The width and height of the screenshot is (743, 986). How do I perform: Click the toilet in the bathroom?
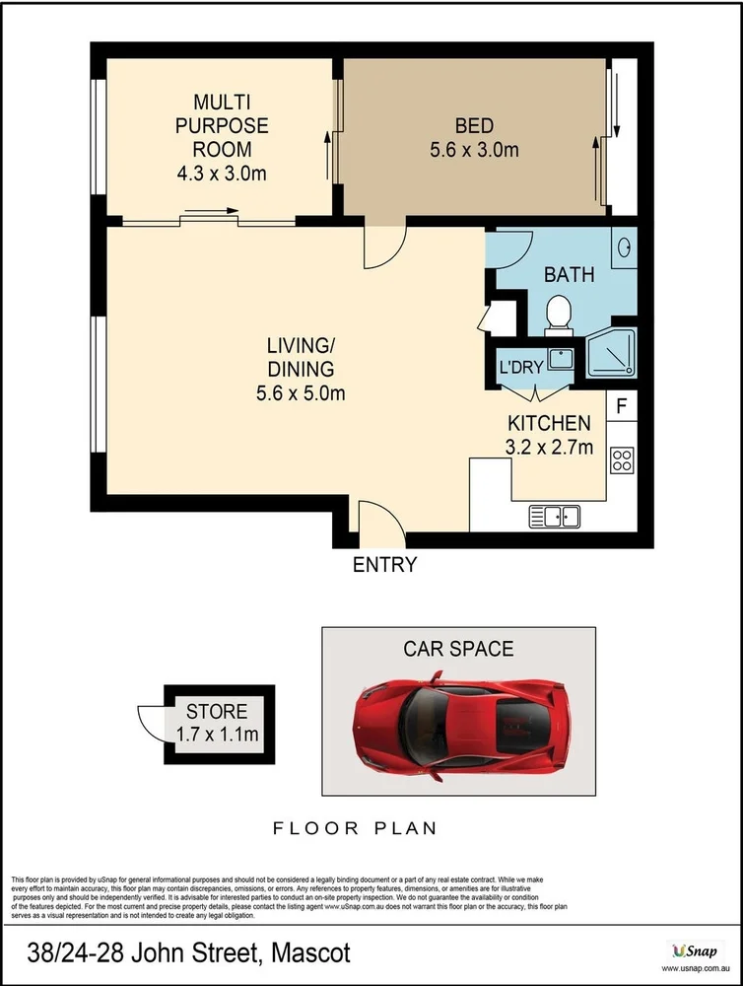point(558,313)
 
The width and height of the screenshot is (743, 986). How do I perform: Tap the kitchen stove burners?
point(622,458)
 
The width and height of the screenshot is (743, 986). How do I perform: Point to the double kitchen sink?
point(555,515)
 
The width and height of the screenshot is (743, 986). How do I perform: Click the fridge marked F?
point(622,405)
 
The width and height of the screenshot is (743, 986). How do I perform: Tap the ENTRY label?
point(384,565)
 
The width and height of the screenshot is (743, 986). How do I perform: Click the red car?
point(458,715)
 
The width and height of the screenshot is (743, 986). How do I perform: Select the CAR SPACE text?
point(458,649)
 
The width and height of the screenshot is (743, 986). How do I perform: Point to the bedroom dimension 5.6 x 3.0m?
point(474,151)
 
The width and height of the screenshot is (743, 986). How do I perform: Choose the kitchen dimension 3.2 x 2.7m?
point(549,447)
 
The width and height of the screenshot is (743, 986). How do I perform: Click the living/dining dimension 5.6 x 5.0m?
point(302,392)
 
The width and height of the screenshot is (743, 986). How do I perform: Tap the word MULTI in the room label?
point(222,103)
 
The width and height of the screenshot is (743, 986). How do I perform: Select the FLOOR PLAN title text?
point(355,828)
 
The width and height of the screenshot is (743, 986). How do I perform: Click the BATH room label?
point(570,274)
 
